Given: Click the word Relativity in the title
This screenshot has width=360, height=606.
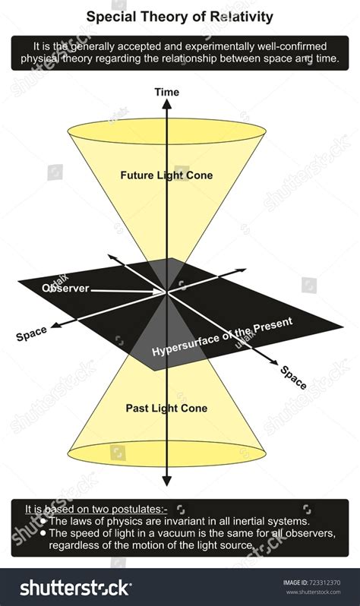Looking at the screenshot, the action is (242, 17).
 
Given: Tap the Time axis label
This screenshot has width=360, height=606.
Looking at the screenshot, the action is (166, 92).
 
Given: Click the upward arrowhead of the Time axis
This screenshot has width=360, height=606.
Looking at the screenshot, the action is (166, 103).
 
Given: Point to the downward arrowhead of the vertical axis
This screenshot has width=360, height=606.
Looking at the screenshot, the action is (166, 481).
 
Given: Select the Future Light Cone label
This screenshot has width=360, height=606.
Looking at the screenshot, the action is (166, 175).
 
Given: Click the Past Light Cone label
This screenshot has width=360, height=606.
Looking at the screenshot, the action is (166, 408).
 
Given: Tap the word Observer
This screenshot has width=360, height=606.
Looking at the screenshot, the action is (65, 288).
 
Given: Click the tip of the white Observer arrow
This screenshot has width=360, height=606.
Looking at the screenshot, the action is (164, 292).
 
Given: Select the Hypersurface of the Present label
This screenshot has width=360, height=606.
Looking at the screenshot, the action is (222, 336).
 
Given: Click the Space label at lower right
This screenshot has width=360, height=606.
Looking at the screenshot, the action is (293, 377).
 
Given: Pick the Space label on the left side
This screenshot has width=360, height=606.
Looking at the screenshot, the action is (31, 333).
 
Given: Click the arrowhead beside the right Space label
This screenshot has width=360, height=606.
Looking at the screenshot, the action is (273, 362).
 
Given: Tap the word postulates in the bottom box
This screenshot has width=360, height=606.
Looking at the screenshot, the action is (139, 509).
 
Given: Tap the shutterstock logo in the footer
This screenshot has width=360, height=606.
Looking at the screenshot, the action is (76, 588).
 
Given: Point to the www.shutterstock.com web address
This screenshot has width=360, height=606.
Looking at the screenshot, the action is (313, 592).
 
